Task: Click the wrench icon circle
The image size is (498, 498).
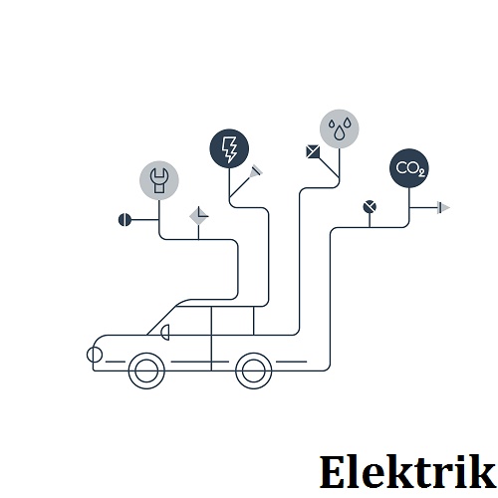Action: [x=159, y=180]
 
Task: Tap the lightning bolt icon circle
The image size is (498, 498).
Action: [x=229, y=148]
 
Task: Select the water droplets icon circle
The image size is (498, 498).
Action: [x=339, y=128]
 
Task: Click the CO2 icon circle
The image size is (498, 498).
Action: [x=409, y=168]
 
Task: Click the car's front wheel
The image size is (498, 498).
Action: [x=146, y=371]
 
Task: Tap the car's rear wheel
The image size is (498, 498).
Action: [x=254, y=371]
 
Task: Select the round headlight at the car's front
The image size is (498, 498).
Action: [x=95, y=355]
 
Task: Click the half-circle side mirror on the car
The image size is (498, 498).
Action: [x=165, y=333]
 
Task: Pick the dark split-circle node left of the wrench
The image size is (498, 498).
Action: [x=124, y=220]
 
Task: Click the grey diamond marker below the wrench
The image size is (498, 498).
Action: [x=198, y=216]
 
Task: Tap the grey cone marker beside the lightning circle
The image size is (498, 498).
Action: [x=256, y=171]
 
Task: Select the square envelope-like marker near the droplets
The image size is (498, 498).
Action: [x=313, y=151]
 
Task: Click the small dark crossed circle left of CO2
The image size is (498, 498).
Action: [x=370, y=207]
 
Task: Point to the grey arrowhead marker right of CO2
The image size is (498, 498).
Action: [x=443, y=208]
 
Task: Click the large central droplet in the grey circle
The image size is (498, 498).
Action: [x=339, y=132]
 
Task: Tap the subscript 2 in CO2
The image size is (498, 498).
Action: [x=421, y=172]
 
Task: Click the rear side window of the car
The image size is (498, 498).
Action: [x=232, y=321]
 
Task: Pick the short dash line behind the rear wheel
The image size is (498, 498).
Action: [x=292, y=362]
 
